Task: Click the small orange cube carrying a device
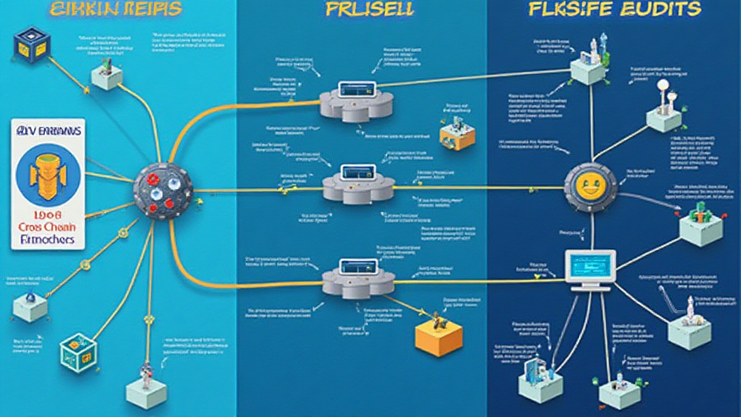point(457,132)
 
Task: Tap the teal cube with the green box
point(77,353)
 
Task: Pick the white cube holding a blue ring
point(30,304)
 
